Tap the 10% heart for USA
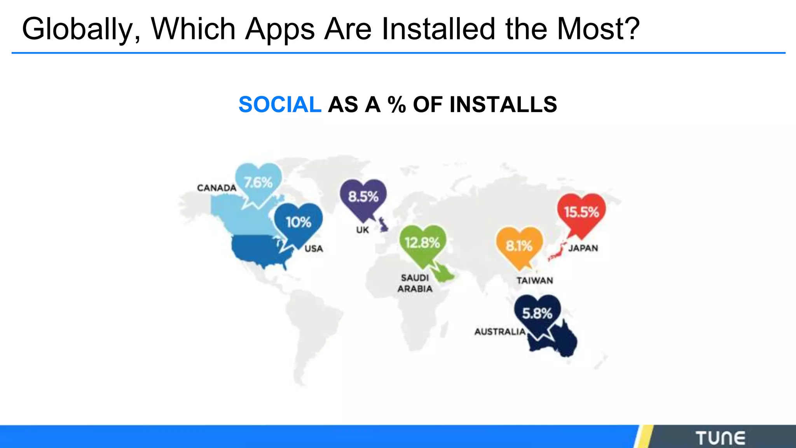tap(298, 223)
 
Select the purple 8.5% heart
tap(363, 197)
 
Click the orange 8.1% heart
tap(519, 246)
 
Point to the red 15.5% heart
tap(581, 213)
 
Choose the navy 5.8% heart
tap(537, 314)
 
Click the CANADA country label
tap(216, 188)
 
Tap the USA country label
tap(314, 249)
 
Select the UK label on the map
tap(362, 230)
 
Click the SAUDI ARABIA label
tap(415, 283)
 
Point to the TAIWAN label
tap(534, 281)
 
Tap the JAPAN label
tap(583, 248)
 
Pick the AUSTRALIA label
tap(500, 332)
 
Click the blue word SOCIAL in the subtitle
tap(280, 105)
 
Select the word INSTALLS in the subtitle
tap(503, 105)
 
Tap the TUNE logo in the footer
tap(720, 438)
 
